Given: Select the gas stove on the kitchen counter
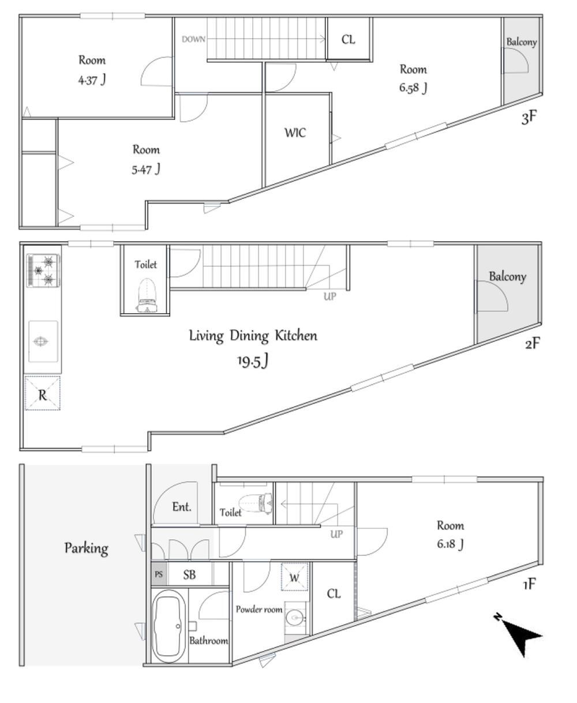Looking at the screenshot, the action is (43, 270).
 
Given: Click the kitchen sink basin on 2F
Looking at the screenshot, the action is (43, 341).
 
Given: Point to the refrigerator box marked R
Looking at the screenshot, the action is (42, 393).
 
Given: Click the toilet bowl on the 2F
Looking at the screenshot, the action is (147, 296).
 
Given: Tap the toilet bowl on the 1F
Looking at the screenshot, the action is (256, 503).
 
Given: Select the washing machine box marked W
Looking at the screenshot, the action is (294, 577).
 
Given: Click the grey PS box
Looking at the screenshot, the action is (159, 574).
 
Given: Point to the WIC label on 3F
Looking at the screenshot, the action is (295, 133).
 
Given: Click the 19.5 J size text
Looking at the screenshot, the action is (253, 361).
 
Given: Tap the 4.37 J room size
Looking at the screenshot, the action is (92, 80).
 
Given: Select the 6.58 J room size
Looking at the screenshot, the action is (413, 88).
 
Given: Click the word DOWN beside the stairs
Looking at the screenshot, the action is (193, 39).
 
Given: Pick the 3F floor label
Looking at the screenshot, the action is (529, 117).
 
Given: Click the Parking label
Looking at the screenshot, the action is (87, 548).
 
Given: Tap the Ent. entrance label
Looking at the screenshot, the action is (182, 507).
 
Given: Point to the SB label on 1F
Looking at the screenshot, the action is (189, 574).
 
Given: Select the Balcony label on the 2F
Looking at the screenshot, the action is (507, 276).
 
